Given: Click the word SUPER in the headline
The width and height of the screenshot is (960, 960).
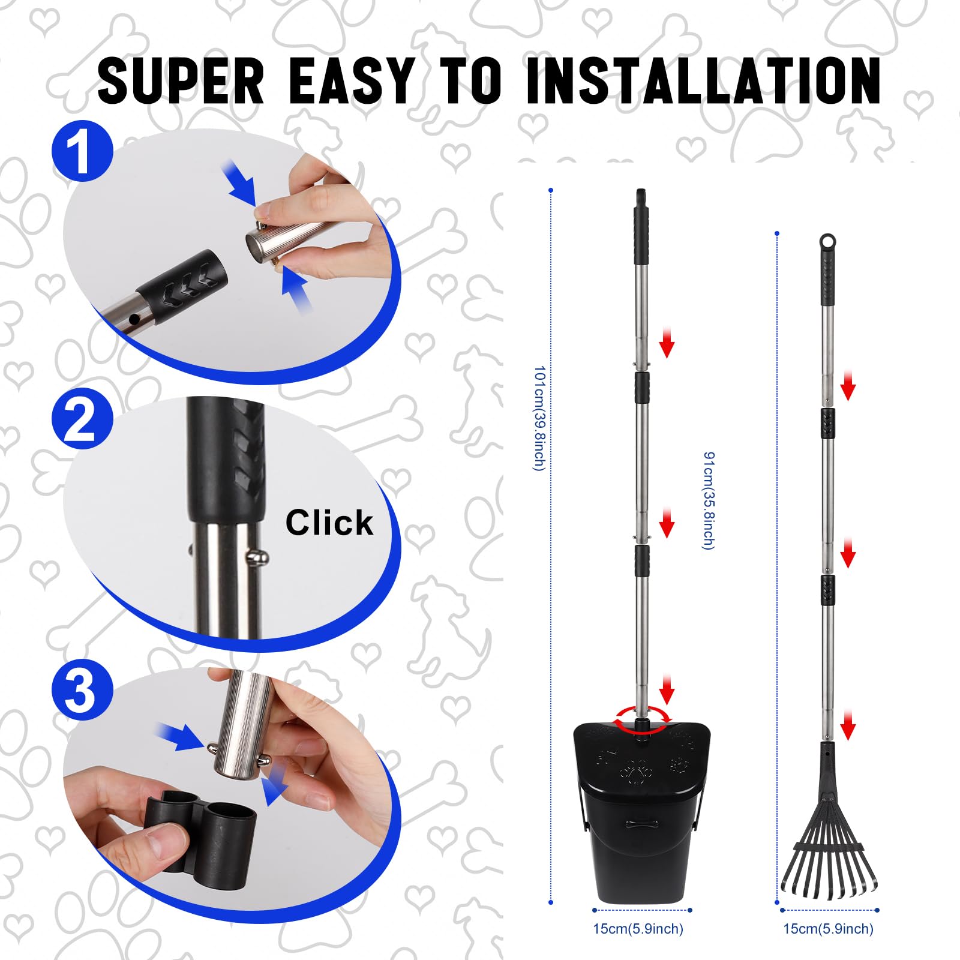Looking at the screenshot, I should [x=181, y=80].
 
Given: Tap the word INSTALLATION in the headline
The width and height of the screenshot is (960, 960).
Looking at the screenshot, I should [x=703, y=80].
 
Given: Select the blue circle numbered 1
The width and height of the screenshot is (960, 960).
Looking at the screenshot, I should [x=82, y=151].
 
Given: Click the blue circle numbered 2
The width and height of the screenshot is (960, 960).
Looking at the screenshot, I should [x=82, y=419].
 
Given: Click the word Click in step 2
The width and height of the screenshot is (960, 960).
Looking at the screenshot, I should [x=329, y=523].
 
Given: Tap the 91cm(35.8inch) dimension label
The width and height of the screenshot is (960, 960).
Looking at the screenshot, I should [x=709, y=500].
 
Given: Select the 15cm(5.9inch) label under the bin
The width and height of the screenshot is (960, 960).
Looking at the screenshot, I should [x=638, y=929].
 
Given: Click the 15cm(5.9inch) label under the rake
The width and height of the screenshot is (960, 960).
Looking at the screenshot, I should [x=828, y=929].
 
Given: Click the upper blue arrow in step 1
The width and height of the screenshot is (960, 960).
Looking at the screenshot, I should [x=240, y=182].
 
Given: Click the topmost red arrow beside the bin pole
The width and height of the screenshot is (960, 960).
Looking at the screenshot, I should [x=667, y=343].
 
